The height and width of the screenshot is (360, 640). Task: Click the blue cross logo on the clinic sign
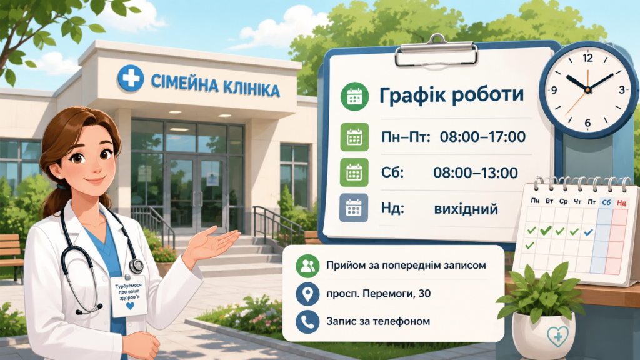click(131, 77)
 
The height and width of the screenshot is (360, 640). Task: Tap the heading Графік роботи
click(451, 95)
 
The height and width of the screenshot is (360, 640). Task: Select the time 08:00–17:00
click(482, 137)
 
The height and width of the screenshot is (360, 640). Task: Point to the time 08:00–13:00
click(476, 172)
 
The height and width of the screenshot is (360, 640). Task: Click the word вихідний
click(466, 209)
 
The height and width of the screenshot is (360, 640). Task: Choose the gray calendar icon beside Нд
click(354, 208)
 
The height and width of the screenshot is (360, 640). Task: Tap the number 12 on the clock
click(587, 58)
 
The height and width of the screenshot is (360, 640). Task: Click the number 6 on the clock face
click(587, 122)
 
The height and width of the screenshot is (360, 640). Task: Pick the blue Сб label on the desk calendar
click(606, 202)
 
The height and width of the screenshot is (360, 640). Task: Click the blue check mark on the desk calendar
click(588, 232)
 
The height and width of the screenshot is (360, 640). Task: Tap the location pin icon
click(307, 294)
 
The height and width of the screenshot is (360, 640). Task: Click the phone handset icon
click(307, 322)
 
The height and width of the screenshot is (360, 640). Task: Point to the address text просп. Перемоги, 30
click(378, 294)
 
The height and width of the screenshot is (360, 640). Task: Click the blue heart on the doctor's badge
click(130, 306)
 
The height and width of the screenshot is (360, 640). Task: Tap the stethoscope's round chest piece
click(136, 266)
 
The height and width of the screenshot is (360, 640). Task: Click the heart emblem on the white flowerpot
click(558, 336)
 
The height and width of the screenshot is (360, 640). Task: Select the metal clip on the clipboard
click(436, 51)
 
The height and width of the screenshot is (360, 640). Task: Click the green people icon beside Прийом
click(307, 266)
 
